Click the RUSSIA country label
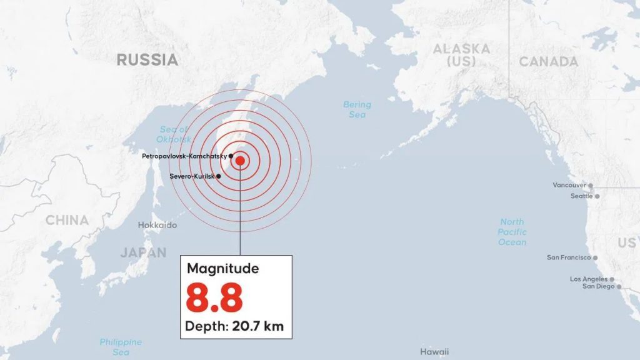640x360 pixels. [x=147, y=60]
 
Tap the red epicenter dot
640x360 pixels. [x=240, y=161]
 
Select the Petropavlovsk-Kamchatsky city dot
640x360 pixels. [x=231, y=156]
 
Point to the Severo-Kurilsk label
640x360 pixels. [x=192, y=176]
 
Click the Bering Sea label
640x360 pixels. [x=357, y=109]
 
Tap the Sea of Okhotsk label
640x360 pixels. [x=174, y=134]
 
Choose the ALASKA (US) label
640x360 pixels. [x=461, y=54]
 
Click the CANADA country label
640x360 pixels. [x=548, y=62]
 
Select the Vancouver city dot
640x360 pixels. [x=590, y=186]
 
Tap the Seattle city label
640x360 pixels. [x=581, y=196]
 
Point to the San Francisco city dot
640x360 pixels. [x=595, y=257]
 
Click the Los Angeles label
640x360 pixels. [x=587, y=279]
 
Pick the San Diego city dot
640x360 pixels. [x=619, y=287]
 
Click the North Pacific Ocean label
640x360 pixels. [x=512, y=232]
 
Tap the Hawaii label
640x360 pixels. [x=434, y=352]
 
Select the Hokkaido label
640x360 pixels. [x=157, y=225]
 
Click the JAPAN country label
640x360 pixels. [x=144, y=252]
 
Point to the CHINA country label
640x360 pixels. [x=67, y=220]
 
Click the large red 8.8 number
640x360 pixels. [x=214, y=298]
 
